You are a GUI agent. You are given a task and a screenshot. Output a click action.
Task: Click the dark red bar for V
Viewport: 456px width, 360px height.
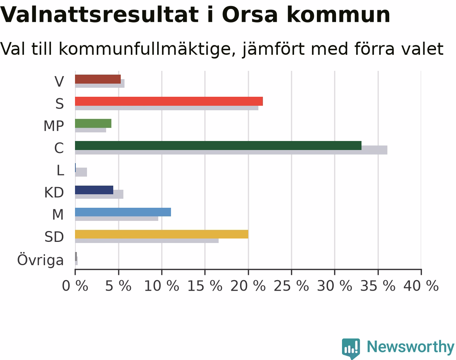pyautogui.click(x=98, y=79)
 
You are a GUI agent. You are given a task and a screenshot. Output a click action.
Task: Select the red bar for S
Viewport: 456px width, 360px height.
pyautogui.click(x=169, y=101)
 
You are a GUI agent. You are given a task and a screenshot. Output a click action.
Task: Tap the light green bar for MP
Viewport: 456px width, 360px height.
pyautogui.click(x=93, y=123)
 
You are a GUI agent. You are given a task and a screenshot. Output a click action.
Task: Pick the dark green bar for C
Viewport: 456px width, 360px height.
pyautogui.click(x=218, y=145)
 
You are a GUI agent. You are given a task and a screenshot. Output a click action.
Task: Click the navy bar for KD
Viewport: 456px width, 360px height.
pyautogui.click(x=94, y=190)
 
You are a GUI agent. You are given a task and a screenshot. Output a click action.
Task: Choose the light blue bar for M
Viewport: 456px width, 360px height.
pyautogui.click(x=123, y=212)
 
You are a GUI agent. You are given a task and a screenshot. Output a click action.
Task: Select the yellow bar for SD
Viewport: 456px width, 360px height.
pyautogui.click(x=162, y=234)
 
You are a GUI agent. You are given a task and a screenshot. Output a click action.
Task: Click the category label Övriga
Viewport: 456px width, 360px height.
pyautogui.click(x=40, y=260)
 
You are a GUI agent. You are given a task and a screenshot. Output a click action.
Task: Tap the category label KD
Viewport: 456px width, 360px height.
pyautogui.click(x=54, y=192)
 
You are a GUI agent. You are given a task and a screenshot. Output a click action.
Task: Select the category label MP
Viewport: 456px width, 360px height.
pyautogui.click(x=54, y=126)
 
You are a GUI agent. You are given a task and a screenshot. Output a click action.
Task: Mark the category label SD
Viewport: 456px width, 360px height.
pyautogui.click(x=54, y=237)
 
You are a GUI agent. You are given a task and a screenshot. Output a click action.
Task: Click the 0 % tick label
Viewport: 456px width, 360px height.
pyautogui.click(x=75, y=286)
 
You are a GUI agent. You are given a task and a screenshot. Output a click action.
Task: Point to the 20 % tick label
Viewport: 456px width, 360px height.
pyautogui.click(x=248, y=286)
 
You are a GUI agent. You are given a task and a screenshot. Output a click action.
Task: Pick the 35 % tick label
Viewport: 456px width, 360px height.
pyautogui.click(x=378, y=286)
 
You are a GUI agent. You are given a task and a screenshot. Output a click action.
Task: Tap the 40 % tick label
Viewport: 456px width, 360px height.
pyautogui.click(x=421, y=286)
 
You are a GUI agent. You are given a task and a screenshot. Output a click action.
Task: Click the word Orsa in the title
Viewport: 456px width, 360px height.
pyautogui.click(x=250, y=15)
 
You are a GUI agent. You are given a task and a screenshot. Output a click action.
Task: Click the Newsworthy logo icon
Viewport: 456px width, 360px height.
pyautogui.click(x=351, y=348)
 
